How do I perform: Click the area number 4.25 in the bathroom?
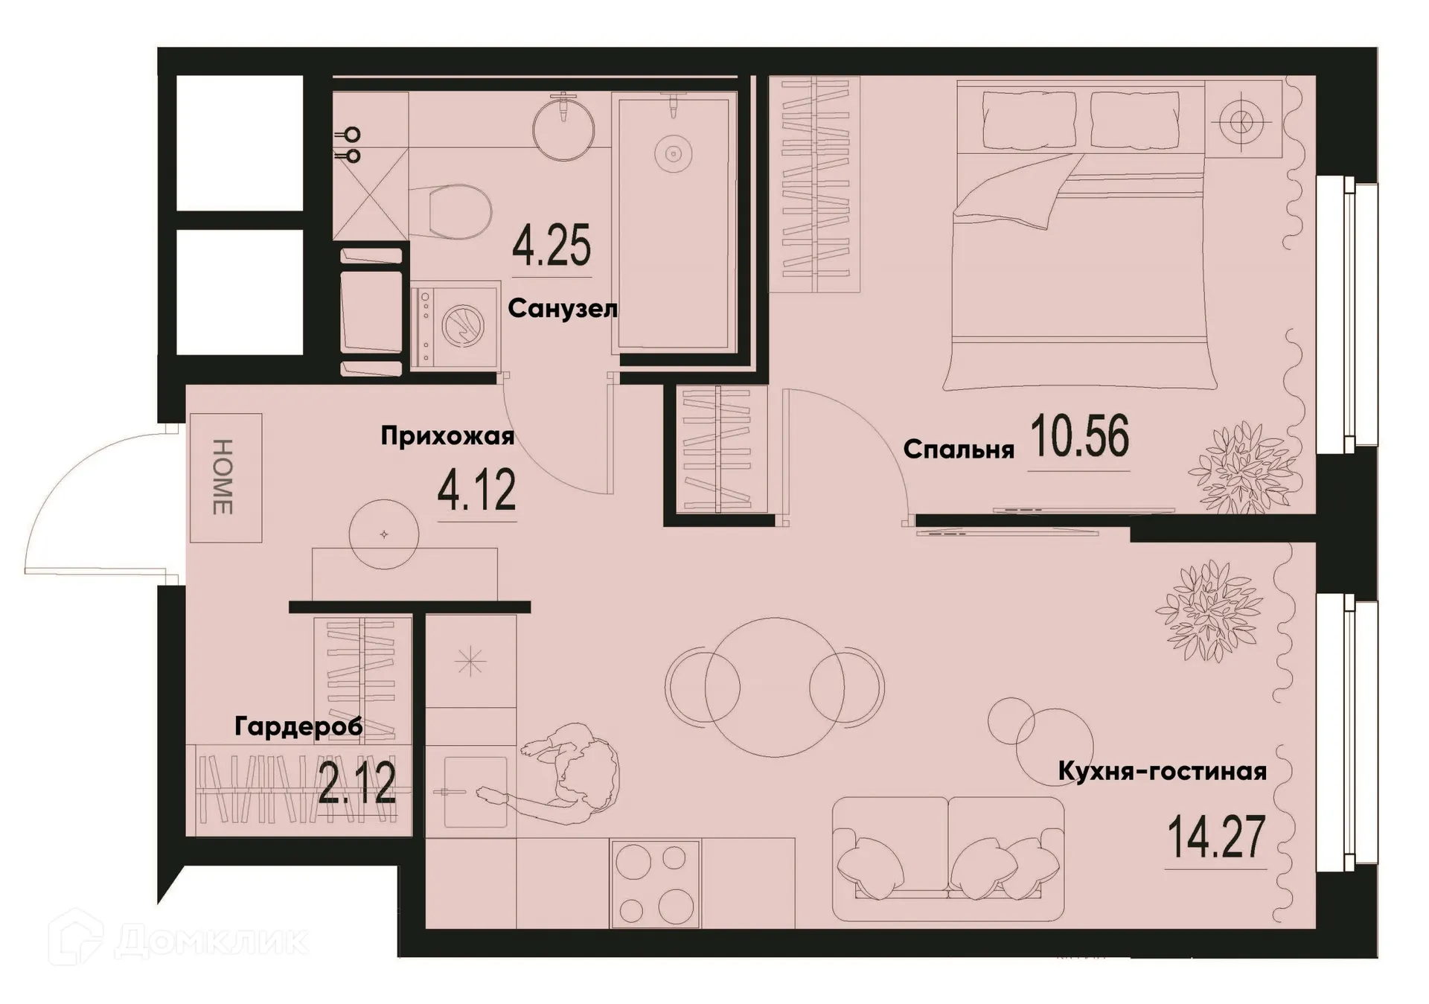click(x=552, y=246)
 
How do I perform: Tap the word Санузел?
click(x=562, y=308)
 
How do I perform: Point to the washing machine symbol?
click(x=455, y=325)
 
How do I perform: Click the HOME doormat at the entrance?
click(x=225, y=477)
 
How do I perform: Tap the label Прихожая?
click(x=447, y=436)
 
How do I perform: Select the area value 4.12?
click(x=476, y=491)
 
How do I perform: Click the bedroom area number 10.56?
click(x=1079, y=437)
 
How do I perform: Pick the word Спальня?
click(x=959, y=450)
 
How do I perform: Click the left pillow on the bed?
click(x=1029, y=120)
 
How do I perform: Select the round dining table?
click(x=774, y=686)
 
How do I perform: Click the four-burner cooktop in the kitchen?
click(x=655, y=883)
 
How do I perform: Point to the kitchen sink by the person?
click(x=475, y=792)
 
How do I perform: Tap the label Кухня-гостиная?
click(x=1162, y=772)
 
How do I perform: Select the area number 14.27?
click(x=1215, y=837)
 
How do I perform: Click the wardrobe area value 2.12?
click(x=357, y=783)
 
